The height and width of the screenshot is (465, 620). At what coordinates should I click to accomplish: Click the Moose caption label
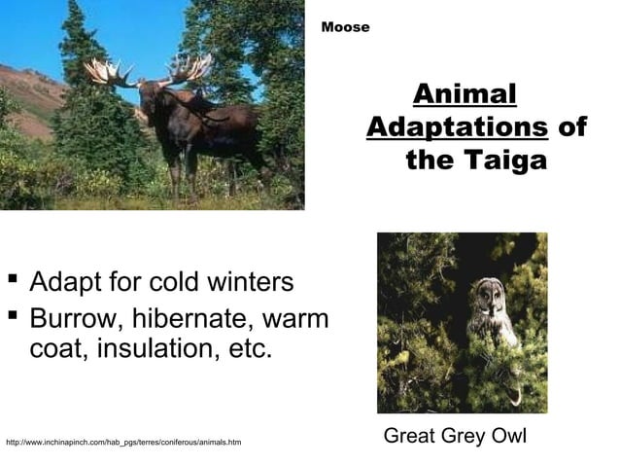pos(346,27)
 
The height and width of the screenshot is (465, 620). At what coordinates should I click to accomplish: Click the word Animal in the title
pos(463,95)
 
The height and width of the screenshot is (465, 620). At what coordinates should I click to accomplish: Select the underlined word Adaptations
pos(457,127)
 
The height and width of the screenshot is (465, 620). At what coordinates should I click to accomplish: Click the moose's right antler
pos(190,68)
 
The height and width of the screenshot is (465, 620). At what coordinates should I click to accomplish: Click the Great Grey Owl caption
pos(455,436)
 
